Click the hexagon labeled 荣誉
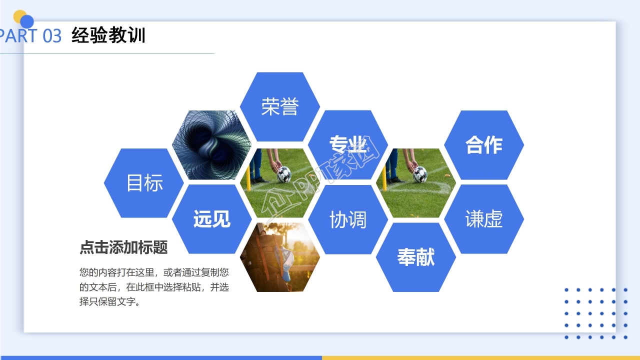pyautogui.click(x=279, y=106)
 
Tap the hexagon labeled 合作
pyautogui.click(x=483, y=144)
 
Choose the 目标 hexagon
pyautogui.click(x=144, y=183)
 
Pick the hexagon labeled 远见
pyautogui.click(x=211, y=219)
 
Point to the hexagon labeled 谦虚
pyautogui.click(x=483, y=219)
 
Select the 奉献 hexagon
pyautogui.click(x=415, y=257)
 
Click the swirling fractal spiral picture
pyautogui.click(x=211, y=145)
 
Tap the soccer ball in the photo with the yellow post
pyautogui.click(x=420, y=173)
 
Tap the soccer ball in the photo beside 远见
pyautogui.click(x=284, y=173)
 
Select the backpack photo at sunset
pyautogui.click(x=279, y=257)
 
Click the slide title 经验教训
pyautogui.click(x=108, y=35)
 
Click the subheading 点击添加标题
pyautogui.click(x=123, y=247)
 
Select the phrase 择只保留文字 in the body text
pyautogui.click(x=107, y=302)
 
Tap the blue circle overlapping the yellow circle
pyautogui.click(x=27, y=21)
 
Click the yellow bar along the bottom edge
pyautogui.click(x=480, y=357)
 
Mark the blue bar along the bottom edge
pyautogui.click(x=160, y=357)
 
